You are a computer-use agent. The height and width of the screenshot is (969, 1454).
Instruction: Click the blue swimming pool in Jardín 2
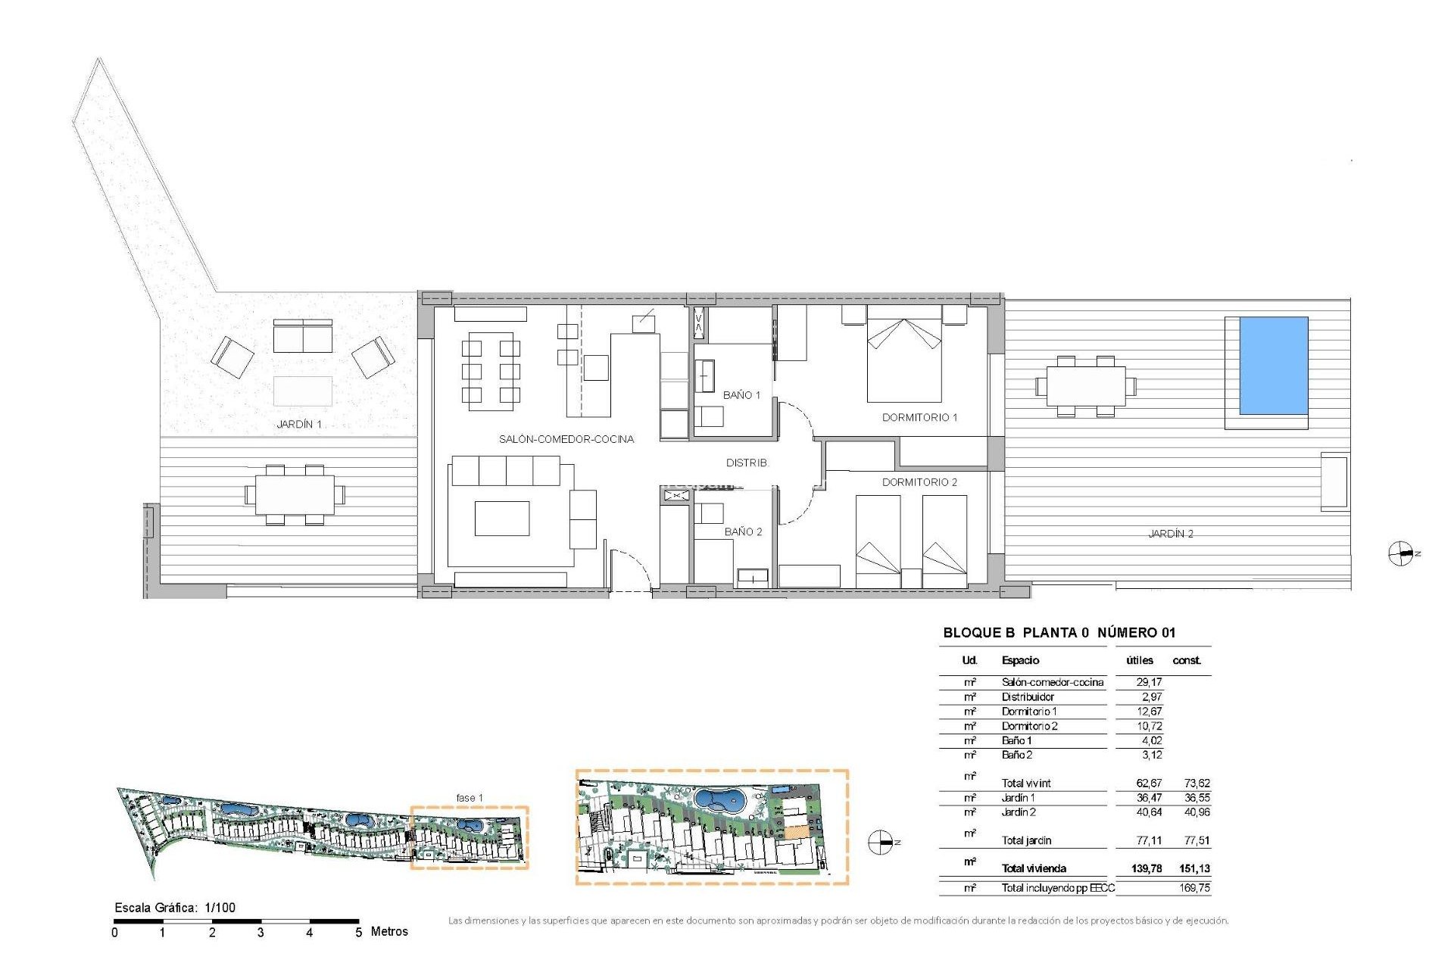[1273, 366]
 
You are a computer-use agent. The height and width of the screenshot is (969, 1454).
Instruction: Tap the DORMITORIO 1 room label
[919, 417]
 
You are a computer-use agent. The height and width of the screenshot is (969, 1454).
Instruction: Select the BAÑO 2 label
[743, 531]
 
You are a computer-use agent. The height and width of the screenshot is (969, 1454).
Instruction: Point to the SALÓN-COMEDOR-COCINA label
[566, 439]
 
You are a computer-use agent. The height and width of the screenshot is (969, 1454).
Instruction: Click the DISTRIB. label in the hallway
[747, 463]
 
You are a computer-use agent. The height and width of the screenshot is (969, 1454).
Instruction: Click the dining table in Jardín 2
[1085, 386]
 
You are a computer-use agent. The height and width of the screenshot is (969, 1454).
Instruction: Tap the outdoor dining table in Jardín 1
[295, 494]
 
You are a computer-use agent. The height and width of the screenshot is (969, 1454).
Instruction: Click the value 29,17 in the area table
[1148, 682]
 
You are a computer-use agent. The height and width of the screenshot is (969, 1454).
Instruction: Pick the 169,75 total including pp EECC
[1193, 888]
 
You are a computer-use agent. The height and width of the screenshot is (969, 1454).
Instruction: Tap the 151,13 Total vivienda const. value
[1193, 868]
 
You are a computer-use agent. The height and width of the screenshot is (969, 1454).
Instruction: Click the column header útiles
[1139, 660]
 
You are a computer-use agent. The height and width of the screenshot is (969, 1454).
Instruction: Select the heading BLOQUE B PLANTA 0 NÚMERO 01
[1059, 632]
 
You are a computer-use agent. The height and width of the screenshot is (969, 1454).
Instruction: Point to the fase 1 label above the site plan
[469, 798]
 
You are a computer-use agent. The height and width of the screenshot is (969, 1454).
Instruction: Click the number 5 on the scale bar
[358, 933]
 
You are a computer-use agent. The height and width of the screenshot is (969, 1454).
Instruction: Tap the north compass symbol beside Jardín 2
[1400, 554]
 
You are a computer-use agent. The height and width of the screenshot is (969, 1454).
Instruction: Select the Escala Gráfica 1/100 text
[175, 907]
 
